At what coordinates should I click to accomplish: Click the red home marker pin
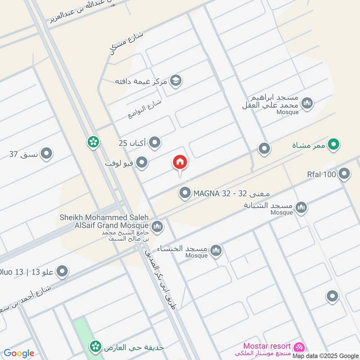pos(180,162)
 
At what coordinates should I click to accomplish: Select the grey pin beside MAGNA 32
pos(184,193)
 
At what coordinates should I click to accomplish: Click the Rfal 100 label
pos(322,174)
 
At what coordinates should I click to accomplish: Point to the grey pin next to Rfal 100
pos(344,174)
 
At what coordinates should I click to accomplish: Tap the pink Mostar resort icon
pos(299,347)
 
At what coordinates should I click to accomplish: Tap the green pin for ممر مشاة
pos(333,144)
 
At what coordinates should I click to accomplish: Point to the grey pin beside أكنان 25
pos(155,143)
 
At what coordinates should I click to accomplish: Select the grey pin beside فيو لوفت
pos(142,163)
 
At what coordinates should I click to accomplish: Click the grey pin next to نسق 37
pos(46,154)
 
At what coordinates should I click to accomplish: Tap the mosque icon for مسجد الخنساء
pos(216,250)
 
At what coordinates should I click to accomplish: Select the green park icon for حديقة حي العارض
pos(95,346)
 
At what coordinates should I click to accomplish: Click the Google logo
pos(19,353)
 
